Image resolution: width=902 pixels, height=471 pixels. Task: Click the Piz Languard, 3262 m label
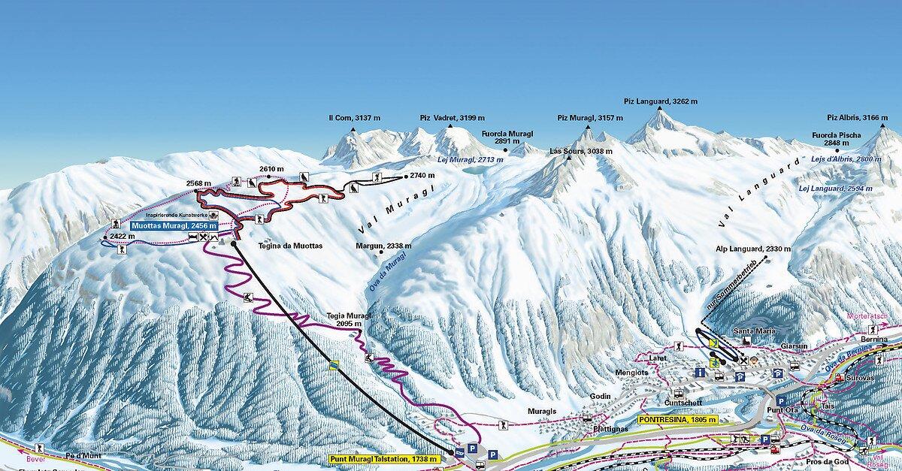(x=661, y=101)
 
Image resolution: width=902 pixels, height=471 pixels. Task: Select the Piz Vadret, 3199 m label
(x=452, y=119)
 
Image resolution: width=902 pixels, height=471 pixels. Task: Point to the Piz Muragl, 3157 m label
(x=590, y=118)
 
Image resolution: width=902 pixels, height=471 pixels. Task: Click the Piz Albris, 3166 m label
(x=858, y=118)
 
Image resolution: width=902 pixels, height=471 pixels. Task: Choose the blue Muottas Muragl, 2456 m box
(x=174, y=225)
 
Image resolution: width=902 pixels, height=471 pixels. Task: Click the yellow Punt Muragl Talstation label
(x=385, y=458)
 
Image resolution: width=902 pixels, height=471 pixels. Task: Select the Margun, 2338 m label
(x=384, y=246)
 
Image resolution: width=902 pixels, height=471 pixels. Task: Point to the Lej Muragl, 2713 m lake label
(x=465, y=160)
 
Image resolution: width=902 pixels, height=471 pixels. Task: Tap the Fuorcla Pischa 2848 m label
(x=836, y=139)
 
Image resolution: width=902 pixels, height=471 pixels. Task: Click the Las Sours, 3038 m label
(x=581, y=151)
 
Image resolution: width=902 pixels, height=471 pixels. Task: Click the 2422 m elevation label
(x=122, y=236)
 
